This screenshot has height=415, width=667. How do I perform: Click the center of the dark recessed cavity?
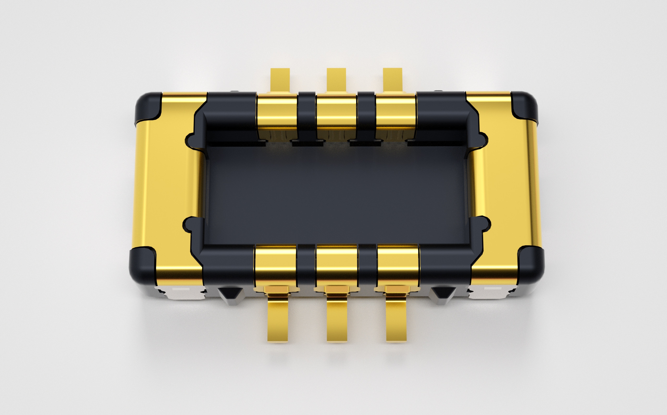(336, 195)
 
